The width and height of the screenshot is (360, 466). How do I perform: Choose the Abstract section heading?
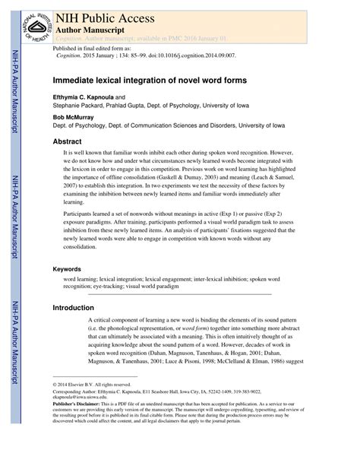68,142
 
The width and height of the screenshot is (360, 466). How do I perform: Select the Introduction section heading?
77,308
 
